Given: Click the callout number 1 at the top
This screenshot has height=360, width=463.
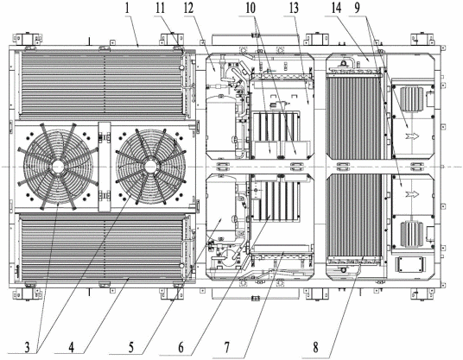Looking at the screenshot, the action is click(x=127, y=9).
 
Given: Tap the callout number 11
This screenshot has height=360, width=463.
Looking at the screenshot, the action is click(x=160, y=9).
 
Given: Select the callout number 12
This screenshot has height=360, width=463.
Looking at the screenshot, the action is click(x=188, y=9).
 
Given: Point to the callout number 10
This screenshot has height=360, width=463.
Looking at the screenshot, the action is click(x=251, y=9).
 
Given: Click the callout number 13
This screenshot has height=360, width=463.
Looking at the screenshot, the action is click(x=294, y=9).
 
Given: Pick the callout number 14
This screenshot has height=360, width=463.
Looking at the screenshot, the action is click(x=336, y=9).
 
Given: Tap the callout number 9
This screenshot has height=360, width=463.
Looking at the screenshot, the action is click(x=358, y=9).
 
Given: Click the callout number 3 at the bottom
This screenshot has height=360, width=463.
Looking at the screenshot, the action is click(x=27, y=348).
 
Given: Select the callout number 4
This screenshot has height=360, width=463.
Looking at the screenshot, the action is click(x=71, y=348).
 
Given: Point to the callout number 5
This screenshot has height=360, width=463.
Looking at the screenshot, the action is click(x=131, y=348).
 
